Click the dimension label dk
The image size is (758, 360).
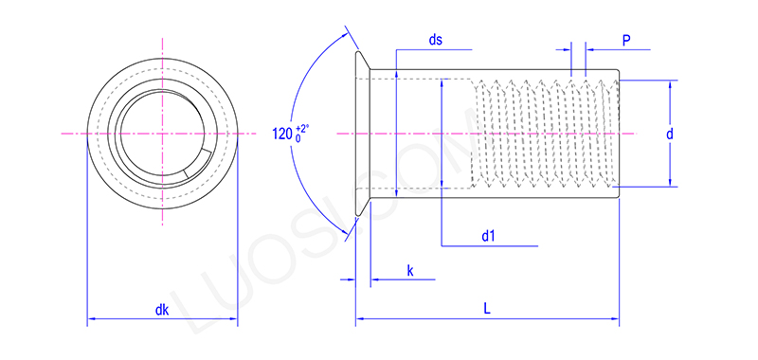tap(162, 309)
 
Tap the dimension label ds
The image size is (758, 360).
tap(436, 40)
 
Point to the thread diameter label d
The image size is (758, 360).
tap(669, 135)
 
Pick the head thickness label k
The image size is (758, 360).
tap(410, 270)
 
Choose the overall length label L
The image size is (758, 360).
tap(486, 309)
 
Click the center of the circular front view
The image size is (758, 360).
tap(162, 134)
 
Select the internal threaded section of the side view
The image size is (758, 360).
tap(545, 134)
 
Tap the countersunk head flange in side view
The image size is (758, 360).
tap(361, 134)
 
